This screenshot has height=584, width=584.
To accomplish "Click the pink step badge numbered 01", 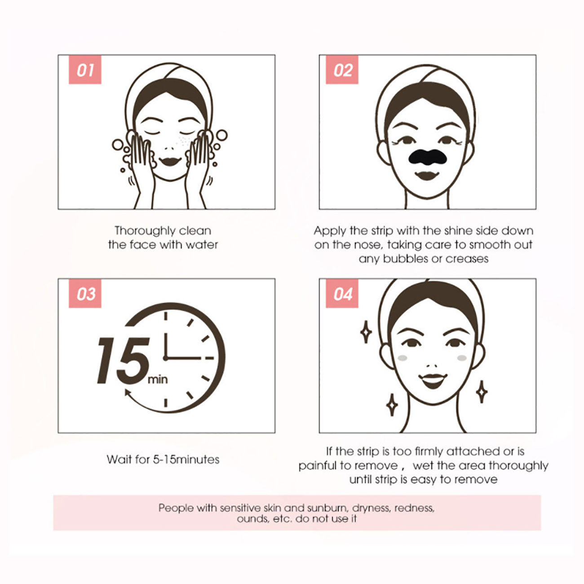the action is coord(85,69).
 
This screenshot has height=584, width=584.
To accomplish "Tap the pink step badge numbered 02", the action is coord(342,69).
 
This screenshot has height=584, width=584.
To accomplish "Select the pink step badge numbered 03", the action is coord(85,293).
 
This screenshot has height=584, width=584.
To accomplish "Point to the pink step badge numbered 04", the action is coord(342,293).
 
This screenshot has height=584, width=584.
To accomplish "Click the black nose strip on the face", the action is coord(427,157).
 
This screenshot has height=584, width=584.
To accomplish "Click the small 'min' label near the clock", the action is coord(158,380).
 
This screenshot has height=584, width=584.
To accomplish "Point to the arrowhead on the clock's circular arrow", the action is coord(128,393).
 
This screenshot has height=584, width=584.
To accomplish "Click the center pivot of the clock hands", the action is coord(165,358).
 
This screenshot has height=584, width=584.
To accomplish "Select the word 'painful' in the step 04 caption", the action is coord(318,466).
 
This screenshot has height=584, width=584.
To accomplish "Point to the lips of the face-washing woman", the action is coord(170,161).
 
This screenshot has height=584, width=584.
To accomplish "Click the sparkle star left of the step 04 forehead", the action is coord(366,332).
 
